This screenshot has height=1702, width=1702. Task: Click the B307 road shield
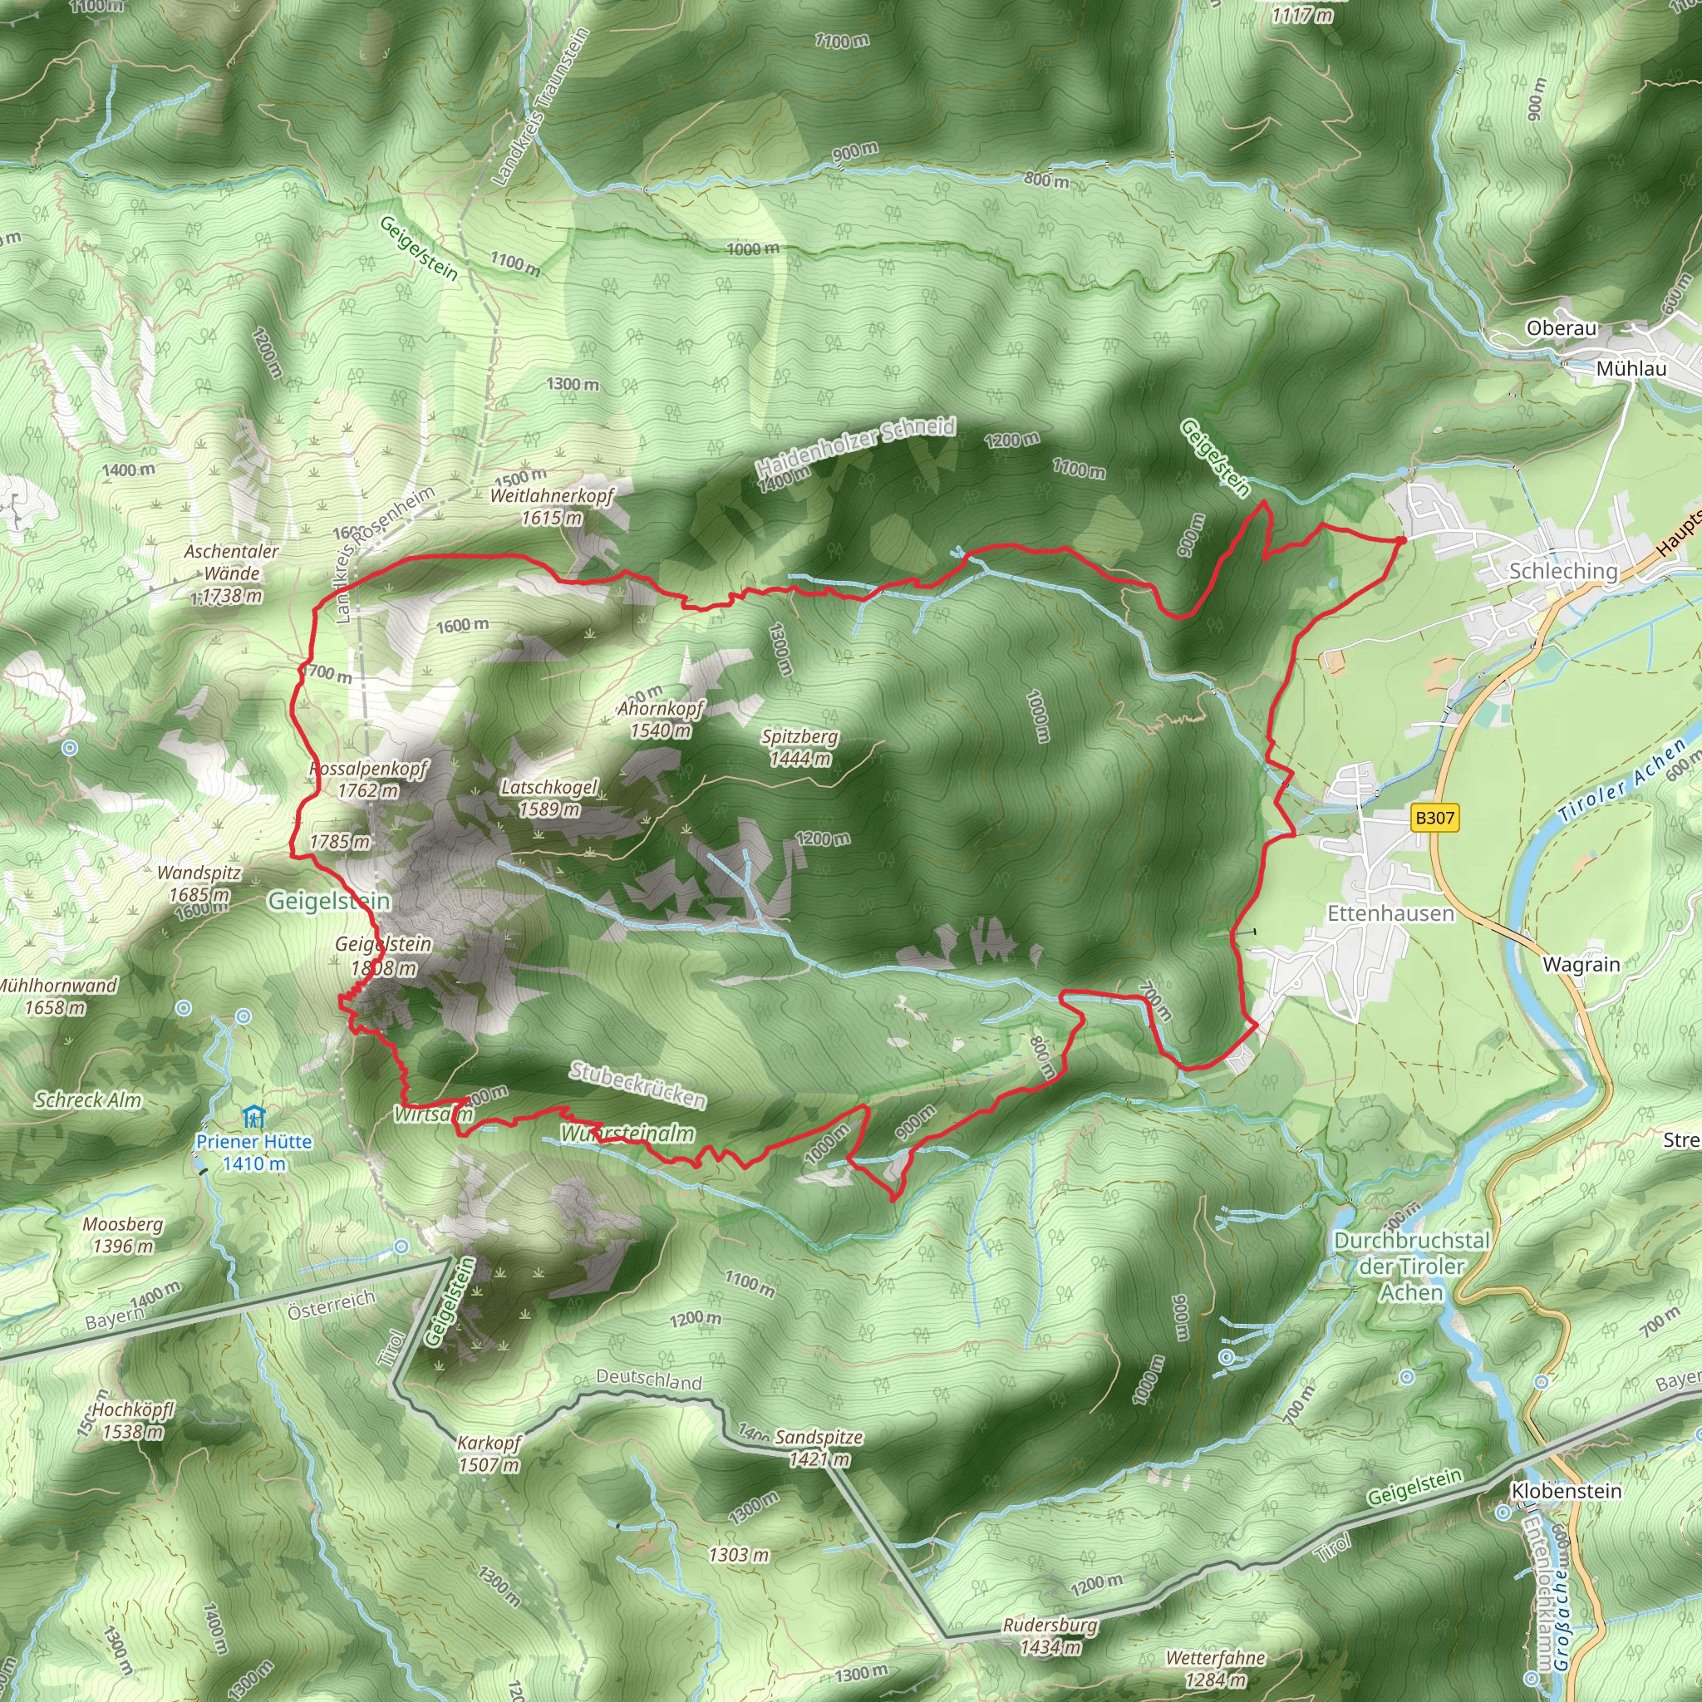coord(1434,818)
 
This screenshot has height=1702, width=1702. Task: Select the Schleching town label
coord(1564,571)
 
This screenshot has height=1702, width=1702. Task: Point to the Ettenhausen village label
coord(1390,913)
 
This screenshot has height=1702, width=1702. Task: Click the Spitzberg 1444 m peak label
coord(800,747)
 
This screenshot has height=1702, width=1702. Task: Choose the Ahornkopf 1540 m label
coord(661,719)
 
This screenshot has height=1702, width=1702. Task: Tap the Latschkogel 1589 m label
coord(548,797)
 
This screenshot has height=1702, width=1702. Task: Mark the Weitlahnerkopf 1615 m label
coord(552,505)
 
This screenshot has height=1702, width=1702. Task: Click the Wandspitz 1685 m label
coord(199,883)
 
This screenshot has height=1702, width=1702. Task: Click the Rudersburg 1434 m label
coord(1050,1636)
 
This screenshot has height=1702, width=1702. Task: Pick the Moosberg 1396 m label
coord(122,1234)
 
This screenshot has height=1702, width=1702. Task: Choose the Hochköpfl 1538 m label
coord(132,1420)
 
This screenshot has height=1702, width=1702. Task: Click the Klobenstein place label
coord(1567,1491)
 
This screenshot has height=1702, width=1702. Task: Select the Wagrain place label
coord(1581,965)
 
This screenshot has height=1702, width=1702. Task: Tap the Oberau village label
coord(1561,327)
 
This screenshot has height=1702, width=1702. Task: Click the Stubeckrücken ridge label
coord(637,1085)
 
